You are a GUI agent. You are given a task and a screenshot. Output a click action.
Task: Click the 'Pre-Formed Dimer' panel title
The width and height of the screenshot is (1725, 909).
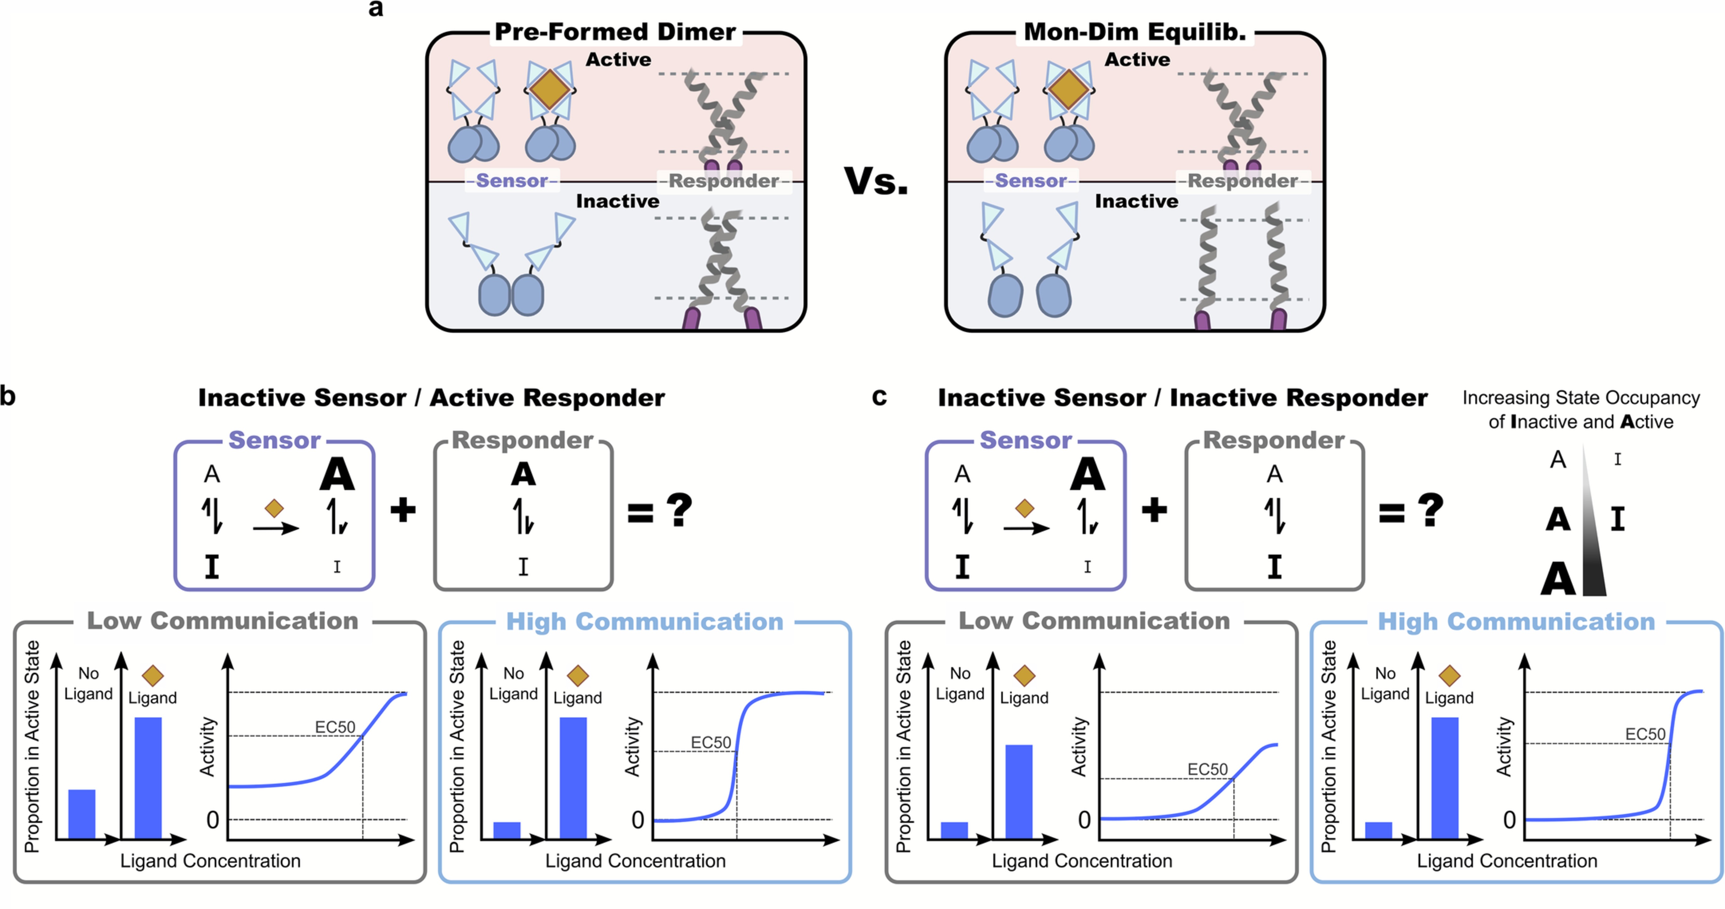tap(615, 31)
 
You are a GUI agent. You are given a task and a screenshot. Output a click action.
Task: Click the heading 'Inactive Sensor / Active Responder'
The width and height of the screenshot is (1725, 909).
tap(431, 398)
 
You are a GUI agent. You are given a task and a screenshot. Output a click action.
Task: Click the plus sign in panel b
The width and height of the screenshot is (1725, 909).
tap(403, 511)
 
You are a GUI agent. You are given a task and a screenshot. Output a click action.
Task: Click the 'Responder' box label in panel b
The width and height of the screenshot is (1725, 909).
tap(522, 440)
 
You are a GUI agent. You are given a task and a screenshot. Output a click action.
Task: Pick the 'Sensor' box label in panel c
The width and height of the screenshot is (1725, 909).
tap(1025, 440)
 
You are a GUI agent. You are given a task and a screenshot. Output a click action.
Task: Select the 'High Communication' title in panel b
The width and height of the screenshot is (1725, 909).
tap(644, 622)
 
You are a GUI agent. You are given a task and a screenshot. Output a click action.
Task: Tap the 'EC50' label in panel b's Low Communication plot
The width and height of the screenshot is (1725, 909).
tap(335, 727)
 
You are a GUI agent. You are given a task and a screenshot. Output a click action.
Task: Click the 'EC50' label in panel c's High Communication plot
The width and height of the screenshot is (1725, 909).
tap(1645, 734)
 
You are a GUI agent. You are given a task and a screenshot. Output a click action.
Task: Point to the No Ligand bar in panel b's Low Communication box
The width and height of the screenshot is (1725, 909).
tap(82, 814)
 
